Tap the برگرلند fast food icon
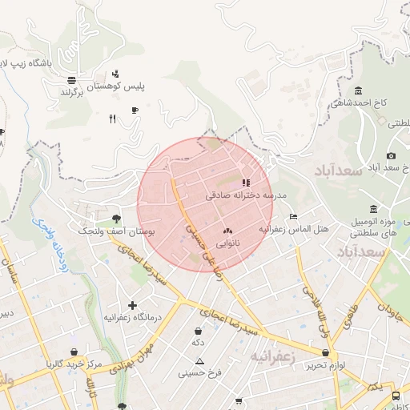[72, 79]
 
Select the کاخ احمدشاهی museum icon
[357, 90]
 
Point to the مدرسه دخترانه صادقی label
[245, 195]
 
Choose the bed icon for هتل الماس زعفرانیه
[293, 216]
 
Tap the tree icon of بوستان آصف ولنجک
[117, 218]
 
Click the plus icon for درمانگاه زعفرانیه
[132, 305]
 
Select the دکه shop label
[198, 342]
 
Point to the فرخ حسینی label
[199, 372]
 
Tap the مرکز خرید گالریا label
[74, 364]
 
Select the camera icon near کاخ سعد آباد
[391, 155]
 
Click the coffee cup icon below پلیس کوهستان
[135, 111]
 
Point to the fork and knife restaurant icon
[112, 119]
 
